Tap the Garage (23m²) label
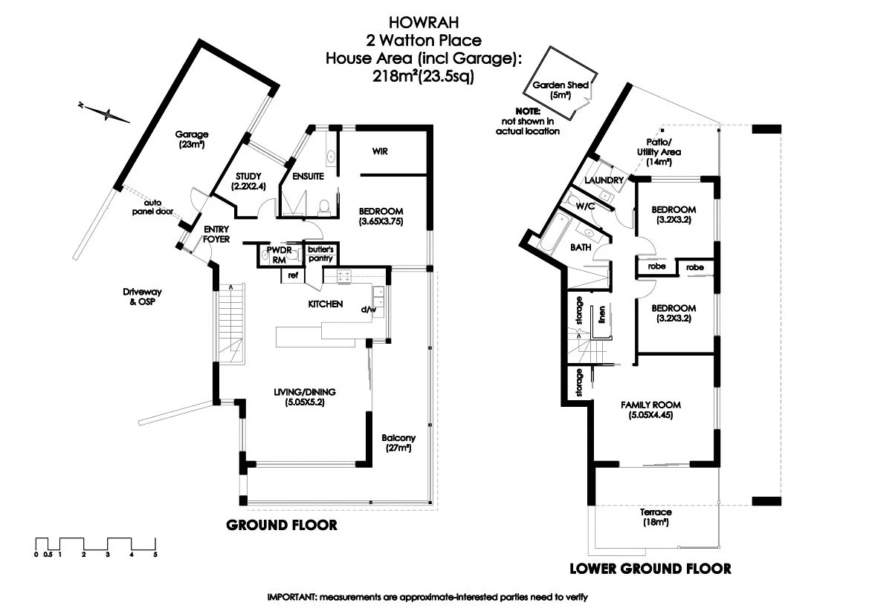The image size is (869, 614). pyautogui.click(x=191, y=140)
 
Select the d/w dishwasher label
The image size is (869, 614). pyautogui.click(x=366, y=310)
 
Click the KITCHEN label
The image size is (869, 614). pyautogui.click(x=326, y=304)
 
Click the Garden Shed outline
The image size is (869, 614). pyautogui.click(x=560, y=83)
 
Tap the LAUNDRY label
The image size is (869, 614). pyautogui.click(x=604, y=180)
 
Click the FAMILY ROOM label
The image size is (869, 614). pyautogui.click(x=650, y=411)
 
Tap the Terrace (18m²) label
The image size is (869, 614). pyautogui.click(x=655, y=517)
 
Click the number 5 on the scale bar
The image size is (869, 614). pyautogui.click(x=155, y=554)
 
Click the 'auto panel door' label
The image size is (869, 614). pyautogui.click(x=154, y=207)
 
